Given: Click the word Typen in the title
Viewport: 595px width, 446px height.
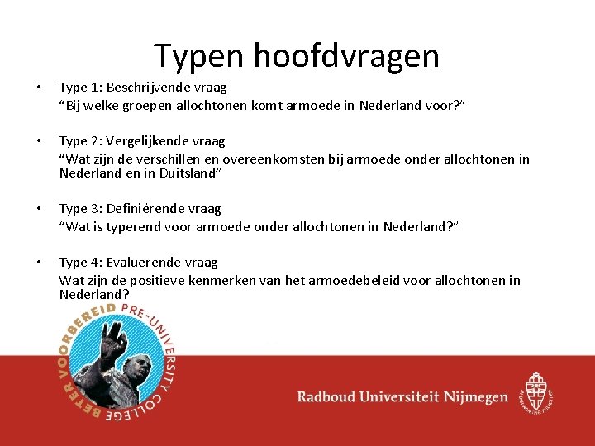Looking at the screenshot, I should pyautogui.click(x=198, y=56).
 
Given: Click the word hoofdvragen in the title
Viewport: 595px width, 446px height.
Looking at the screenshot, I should pyautogui.click(x=346, y=56).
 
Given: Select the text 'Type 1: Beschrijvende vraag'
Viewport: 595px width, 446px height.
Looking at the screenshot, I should pyautogui.click(x=142, y=87).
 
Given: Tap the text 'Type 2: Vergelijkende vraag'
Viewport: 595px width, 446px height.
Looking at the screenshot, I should pyautogui.click(x=142, y=140).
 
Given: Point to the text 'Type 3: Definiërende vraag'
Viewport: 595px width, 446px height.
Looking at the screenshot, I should pyautogui.click(x=140, y=209).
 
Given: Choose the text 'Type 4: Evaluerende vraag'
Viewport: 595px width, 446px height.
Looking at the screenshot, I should pyautogui.click(x=138, y=262).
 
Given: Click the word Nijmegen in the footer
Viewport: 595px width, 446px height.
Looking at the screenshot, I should pyautogui.click(x=476, y=397).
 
